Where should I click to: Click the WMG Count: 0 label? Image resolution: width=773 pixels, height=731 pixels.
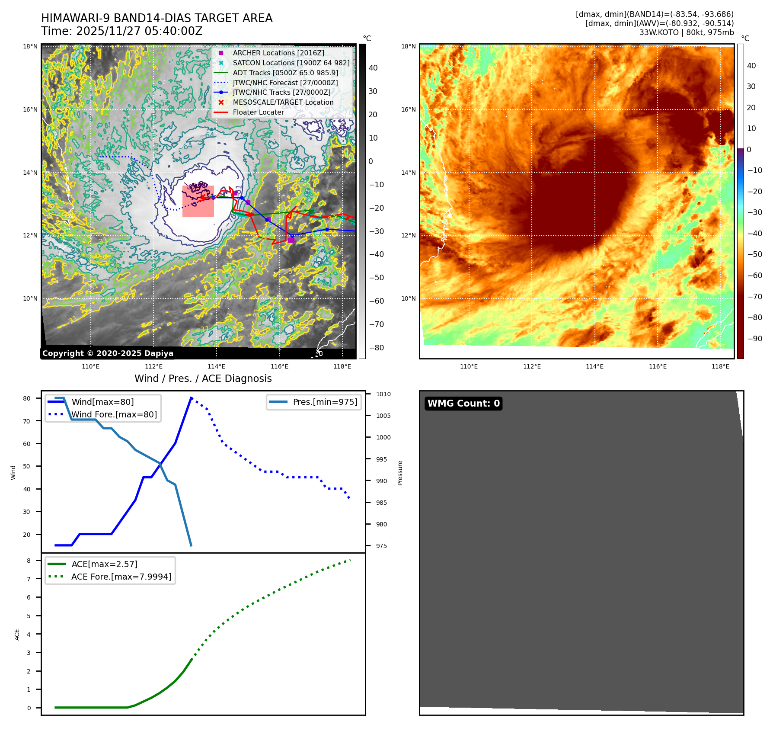[463, 404]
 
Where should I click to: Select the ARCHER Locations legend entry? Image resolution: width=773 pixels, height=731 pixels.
[278, 53]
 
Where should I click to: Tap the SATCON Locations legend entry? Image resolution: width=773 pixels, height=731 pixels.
[291, 63]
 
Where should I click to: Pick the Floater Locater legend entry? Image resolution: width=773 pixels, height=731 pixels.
[258, 112]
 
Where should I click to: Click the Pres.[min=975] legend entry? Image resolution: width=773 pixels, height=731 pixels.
[325, 402]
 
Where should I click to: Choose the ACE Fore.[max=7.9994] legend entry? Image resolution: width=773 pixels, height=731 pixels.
[121, 577]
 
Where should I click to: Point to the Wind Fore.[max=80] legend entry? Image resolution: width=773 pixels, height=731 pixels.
[114, 414]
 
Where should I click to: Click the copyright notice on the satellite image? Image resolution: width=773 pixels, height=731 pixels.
[108, 353]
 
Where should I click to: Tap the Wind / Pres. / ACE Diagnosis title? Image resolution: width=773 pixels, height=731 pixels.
[203, 378]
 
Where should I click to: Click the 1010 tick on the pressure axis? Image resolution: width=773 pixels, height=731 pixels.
[383, 394]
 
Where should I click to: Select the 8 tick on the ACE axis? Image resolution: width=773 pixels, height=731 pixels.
[29, 561]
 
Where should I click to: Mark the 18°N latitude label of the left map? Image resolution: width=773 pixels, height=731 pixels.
[30, 46]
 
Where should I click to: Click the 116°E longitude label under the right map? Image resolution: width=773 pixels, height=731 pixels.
[658, 366]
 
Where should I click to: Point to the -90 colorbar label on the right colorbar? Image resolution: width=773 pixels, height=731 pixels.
[755, 339]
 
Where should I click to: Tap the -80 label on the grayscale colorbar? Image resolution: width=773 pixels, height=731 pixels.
[376, 348]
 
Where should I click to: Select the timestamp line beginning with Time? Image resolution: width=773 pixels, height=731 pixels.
[122, 31]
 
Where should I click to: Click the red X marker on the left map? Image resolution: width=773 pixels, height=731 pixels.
[203, 197]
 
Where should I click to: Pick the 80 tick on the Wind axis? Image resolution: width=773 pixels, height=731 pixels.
[27, 398]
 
